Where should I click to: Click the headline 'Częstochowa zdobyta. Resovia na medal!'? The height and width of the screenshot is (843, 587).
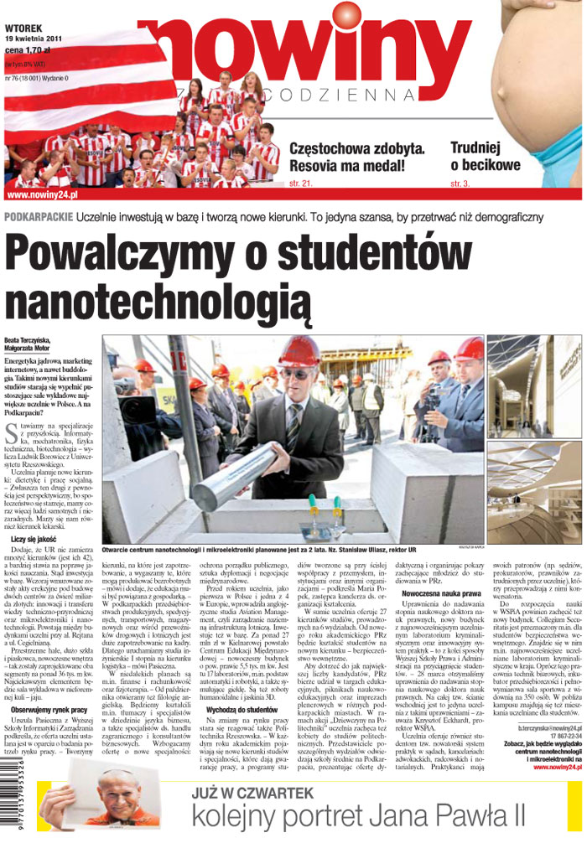[x=356, y=157]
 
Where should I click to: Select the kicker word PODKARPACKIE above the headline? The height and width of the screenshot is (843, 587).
[x=38, y=217]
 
